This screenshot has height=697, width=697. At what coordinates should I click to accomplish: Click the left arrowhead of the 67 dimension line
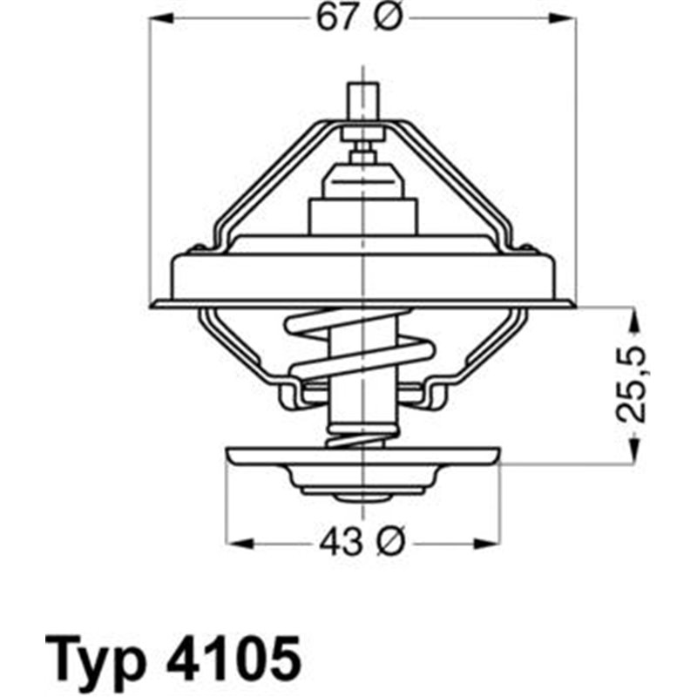(x=158, y=20)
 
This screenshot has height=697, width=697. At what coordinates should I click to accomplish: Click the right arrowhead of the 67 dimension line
(x=570, y=20)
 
